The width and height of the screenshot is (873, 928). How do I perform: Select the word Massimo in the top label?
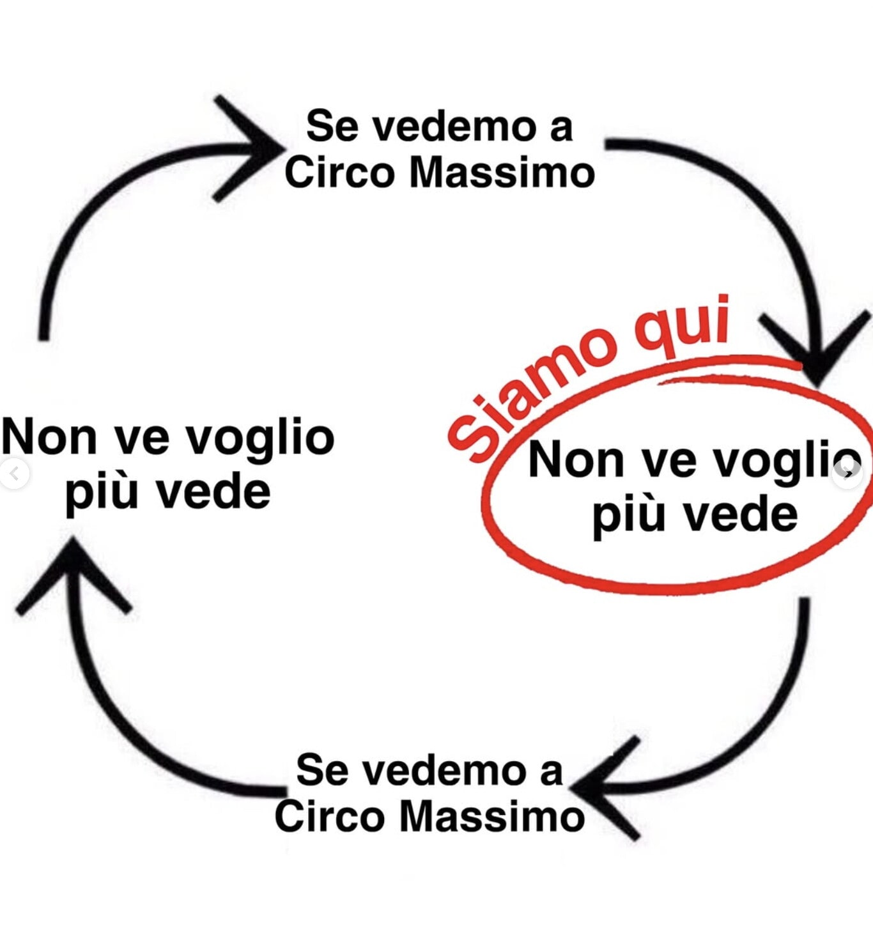point(502,173)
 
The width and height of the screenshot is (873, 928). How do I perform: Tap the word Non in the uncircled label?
point(49,437)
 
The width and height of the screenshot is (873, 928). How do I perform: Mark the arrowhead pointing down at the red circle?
point(816,348)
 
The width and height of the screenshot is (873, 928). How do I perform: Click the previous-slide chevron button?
point(15,474)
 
